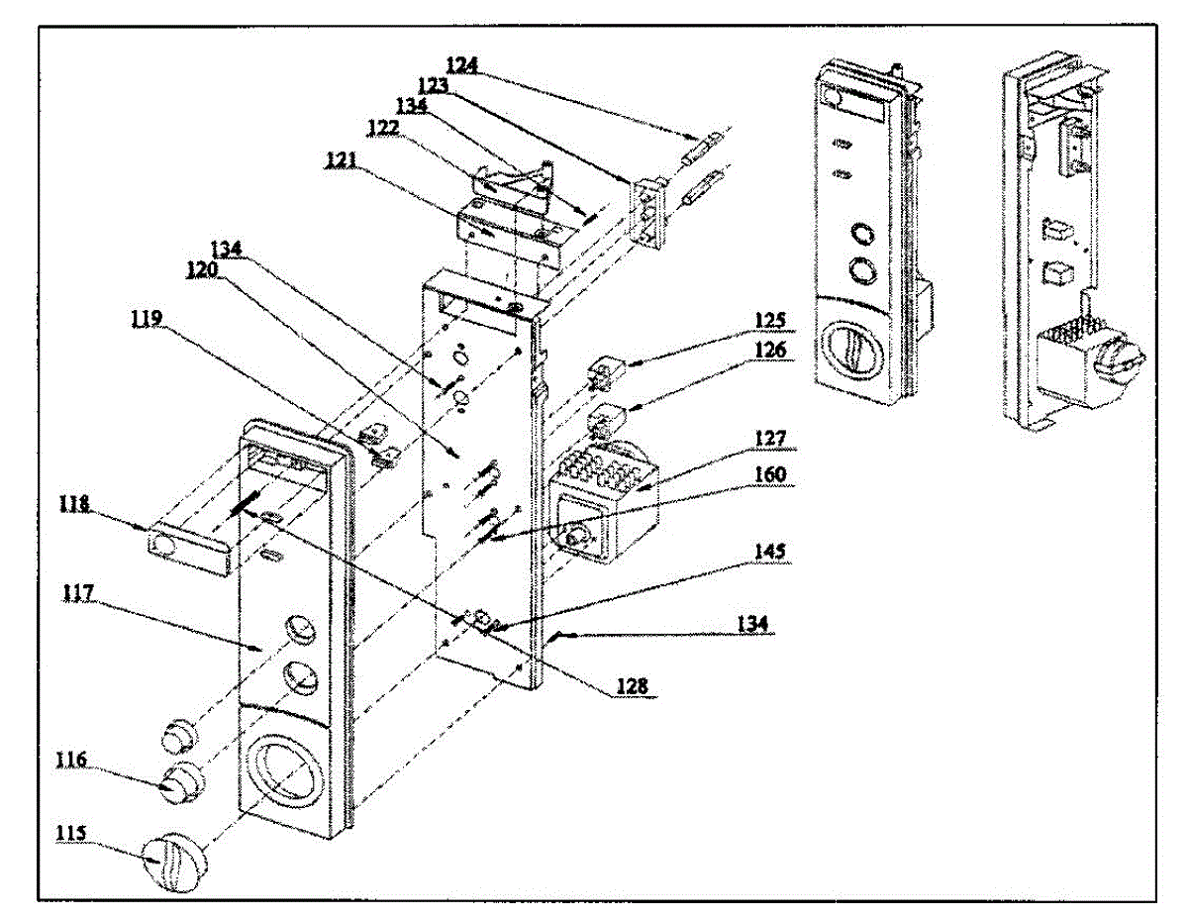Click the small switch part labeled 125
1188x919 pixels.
[607, 373]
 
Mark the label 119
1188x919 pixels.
[147, 319]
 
